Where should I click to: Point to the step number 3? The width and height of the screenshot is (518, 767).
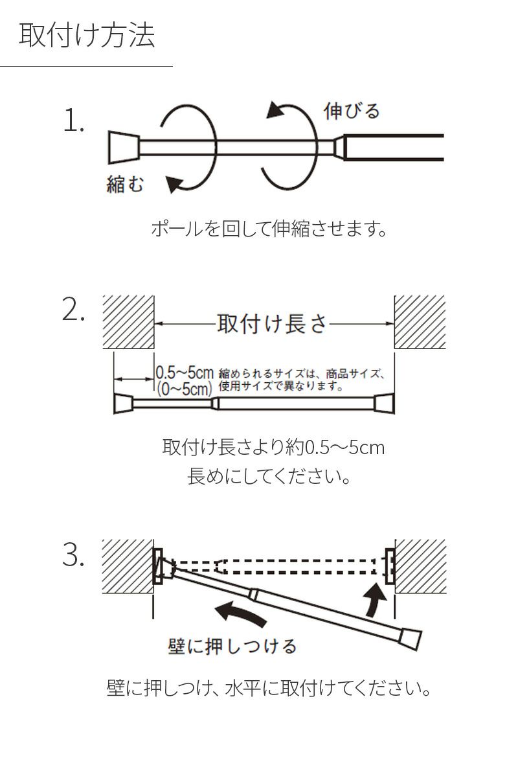(74, 555)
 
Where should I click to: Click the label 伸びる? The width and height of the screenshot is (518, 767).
(351, 111)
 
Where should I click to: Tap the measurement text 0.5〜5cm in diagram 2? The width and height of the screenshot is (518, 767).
(185, 373)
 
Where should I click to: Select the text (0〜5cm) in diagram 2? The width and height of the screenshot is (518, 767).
(185, 389)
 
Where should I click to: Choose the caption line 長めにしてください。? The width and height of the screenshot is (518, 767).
(269, 478)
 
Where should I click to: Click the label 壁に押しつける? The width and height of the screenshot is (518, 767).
(232, 646)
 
